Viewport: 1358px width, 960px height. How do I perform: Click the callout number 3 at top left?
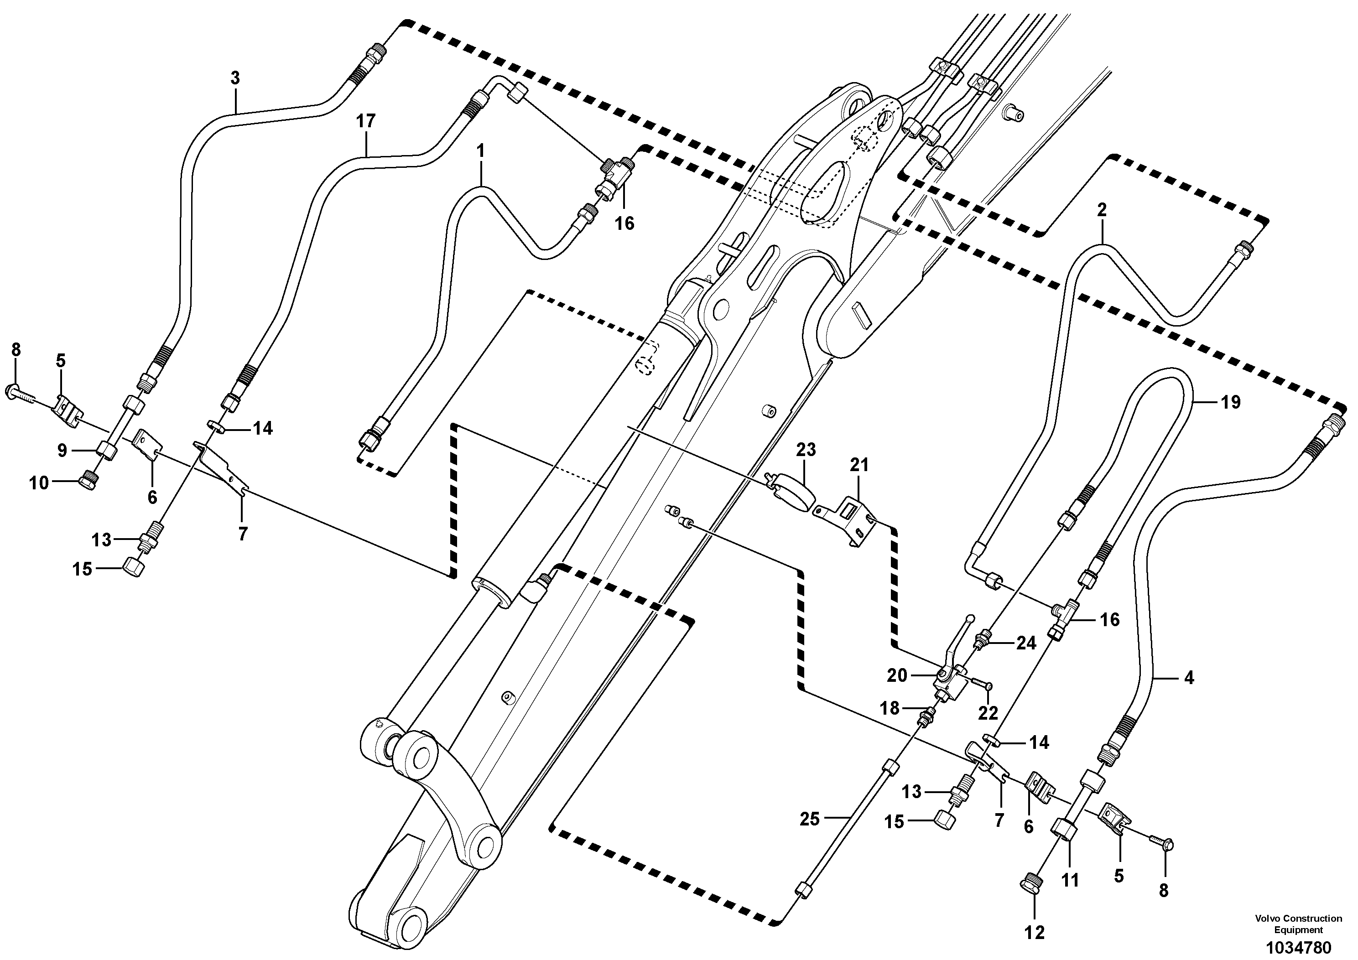pyautogui.click(x=235, y=78)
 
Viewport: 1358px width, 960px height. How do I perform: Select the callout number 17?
pyautogui.click(x=365, y=121)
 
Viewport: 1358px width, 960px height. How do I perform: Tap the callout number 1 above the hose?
pyautogui.click(x=481, y=151)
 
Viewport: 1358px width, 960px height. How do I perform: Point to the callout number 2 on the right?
pyautogui.click(x=1101, y=210)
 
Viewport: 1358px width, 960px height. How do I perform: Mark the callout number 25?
pyautogui.click(x=810, y=819)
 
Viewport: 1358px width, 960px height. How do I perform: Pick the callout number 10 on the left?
pyautogui.click(x=39, y=483)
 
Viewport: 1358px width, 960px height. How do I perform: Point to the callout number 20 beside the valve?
pyautogui.click(x=897, y=675)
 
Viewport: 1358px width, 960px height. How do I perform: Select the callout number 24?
pyautogui.click(x=1026, y=643)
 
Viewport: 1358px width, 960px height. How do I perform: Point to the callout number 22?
pyautogui.click(x=988, y=713)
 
